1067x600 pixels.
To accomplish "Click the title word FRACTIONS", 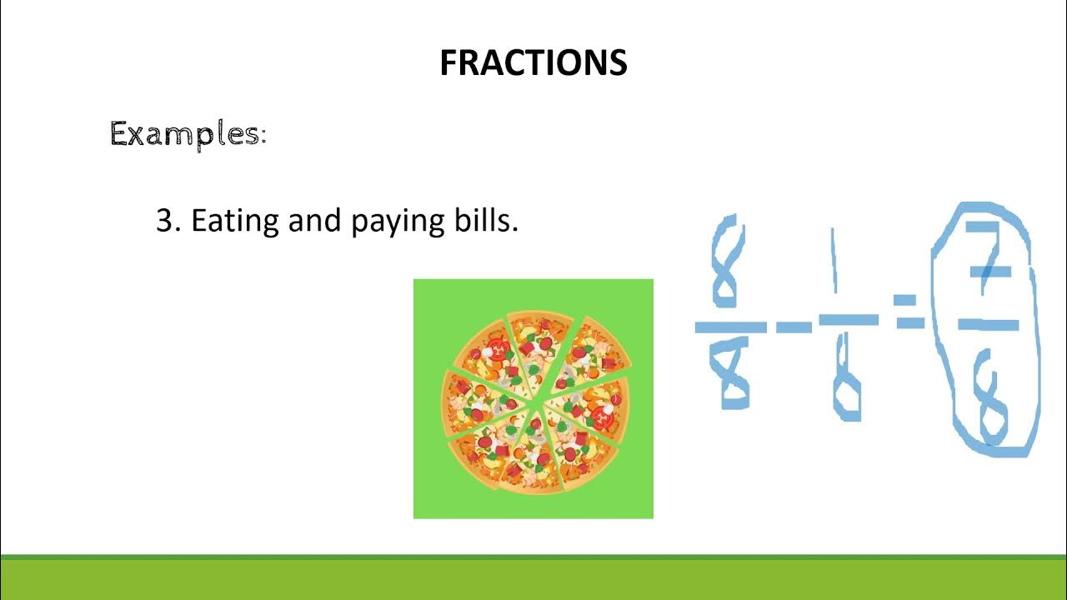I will tap(533, 63).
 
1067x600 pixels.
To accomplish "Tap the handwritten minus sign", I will tap(793, 328).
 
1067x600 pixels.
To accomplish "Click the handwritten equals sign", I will tap(910, 310).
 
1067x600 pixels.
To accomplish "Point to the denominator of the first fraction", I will tap(734, 374).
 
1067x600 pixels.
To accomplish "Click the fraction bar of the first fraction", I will tap(731, 327).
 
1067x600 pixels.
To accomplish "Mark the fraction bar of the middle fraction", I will tap(848, 319).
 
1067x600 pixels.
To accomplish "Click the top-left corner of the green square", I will tap(415, 281).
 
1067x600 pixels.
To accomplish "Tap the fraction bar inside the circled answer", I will tap(989, 324).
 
